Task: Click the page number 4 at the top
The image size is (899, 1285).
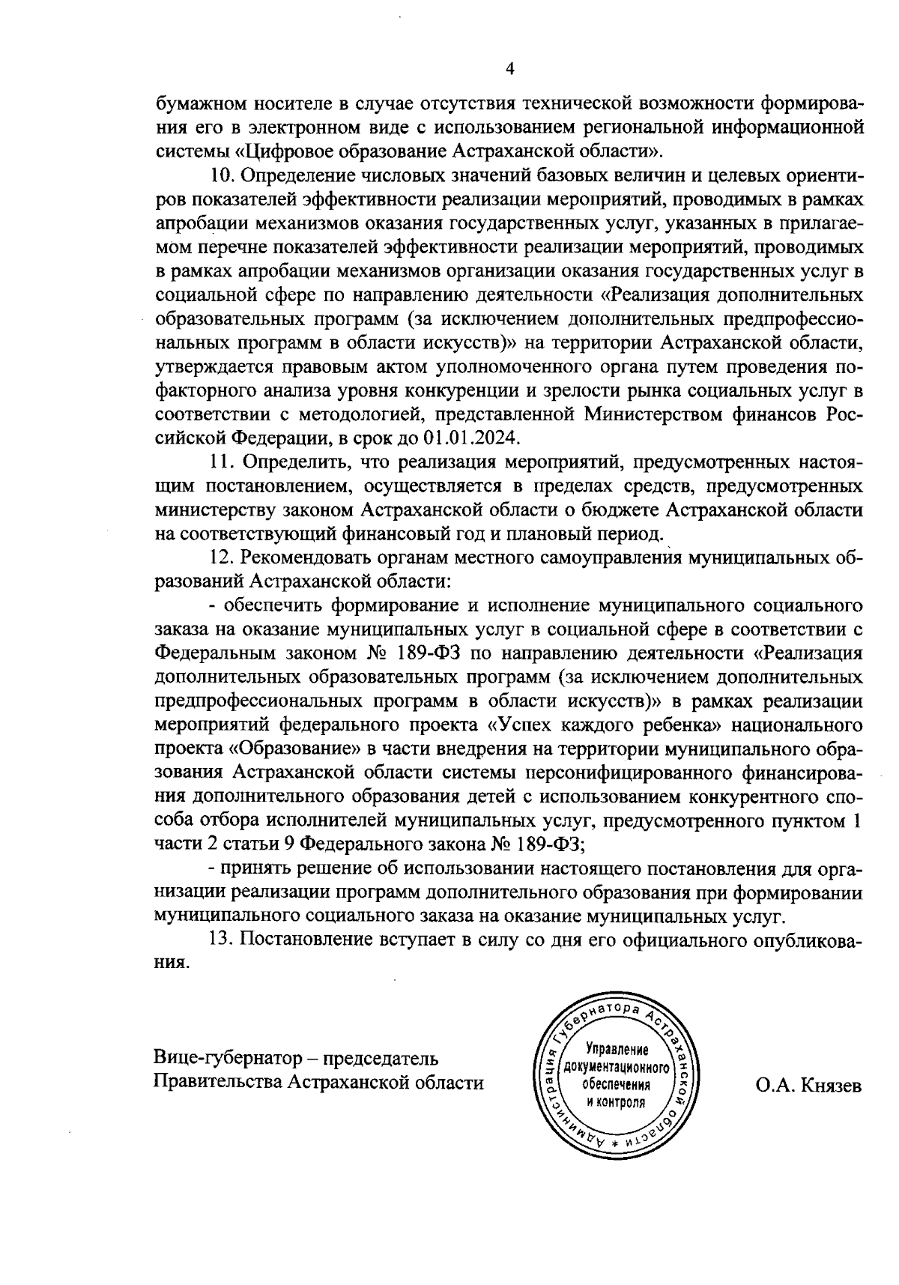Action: (510, 69)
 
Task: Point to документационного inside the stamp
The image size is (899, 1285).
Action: (617, 1066)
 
